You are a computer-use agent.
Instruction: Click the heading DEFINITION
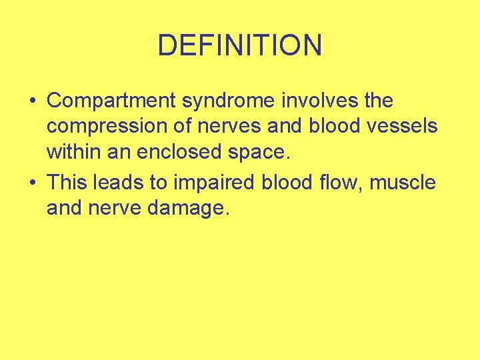point(240,45)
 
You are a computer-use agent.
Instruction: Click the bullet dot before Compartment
point(32,101)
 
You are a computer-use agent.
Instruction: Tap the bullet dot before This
point(32,181)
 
